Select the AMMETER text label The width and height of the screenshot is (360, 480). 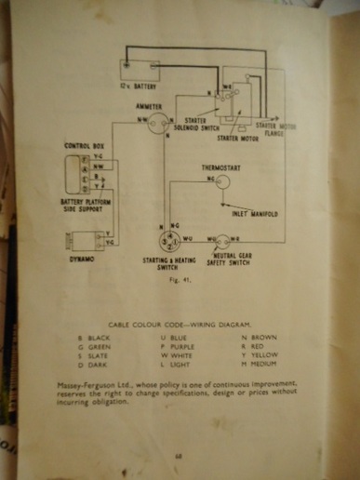148,107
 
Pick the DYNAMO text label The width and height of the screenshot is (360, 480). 83,260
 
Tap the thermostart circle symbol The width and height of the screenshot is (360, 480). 222,180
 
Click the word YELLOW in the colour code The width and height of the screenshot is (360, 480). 265,354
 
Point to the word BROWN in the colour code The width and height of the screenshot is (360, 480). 265,335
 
